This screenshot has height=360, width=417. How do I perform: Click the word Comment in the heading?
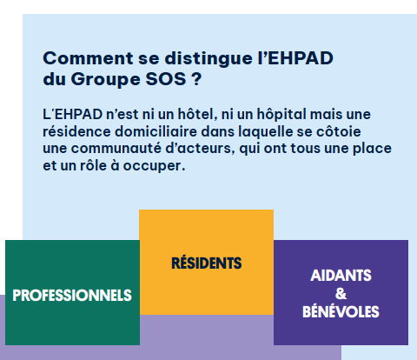[x=88, y=58]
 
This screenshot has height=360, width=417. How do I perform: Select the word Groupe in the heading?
[x=105, y=80]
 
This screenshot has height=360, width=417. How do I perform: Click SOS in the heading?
[x=166, y=79]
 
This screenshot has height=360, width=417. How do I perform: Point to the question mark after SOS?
[x=196, y=79]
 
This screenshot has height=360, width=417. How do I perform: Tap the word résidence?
[x=76, y=131]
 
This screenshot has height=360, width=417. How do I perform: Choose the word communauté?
[x=116, y=149]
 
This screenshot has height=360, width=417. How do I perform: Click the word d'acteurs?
[x=200, y=149]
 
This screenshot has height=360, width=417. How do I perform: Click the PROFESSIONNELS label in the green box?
[x=72, y=296]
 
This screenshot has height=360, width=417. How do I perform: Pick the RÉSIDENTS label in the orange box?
[x=207, y=263]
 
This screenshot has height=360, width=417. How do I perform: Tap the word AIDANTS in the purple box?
[x=341, y=276]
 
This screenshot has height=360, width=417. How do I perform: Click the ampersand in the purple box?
[x=341, y=294]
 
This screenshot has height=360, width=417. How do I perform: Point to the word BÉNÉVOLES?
[x=341, y=311]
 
